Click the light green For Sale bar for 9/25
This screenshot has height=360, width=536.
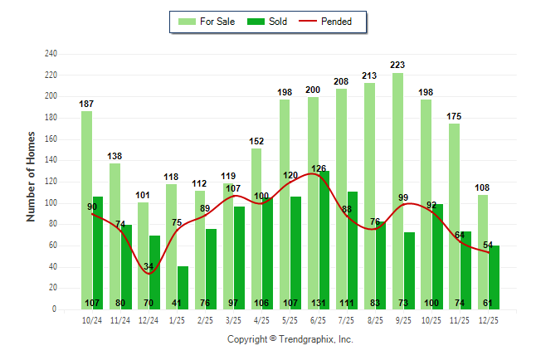coord(398,191)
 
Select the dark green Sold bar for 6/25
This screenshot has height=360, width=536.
coord(324,240)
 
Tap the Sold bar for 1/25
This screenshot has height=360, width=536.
coord(183,287)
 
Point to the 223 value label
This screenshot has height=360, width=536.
coord(398,64)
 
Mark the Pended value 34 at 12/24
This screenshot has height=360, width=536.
coord(149,266)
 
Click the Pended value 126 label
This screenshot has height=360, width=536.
coord(319,168)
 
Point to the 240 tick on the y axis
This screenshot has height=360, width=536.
coord(51,54)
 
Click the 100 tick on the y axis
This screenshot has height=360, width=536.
coord(51,203)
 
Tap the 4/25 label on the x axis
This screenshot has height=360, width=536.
coord(261,319)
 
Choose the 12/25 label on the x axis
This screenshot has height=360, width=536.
coord(488,319)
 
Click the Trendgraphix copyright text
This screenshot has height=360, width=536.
coord(290,339)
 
